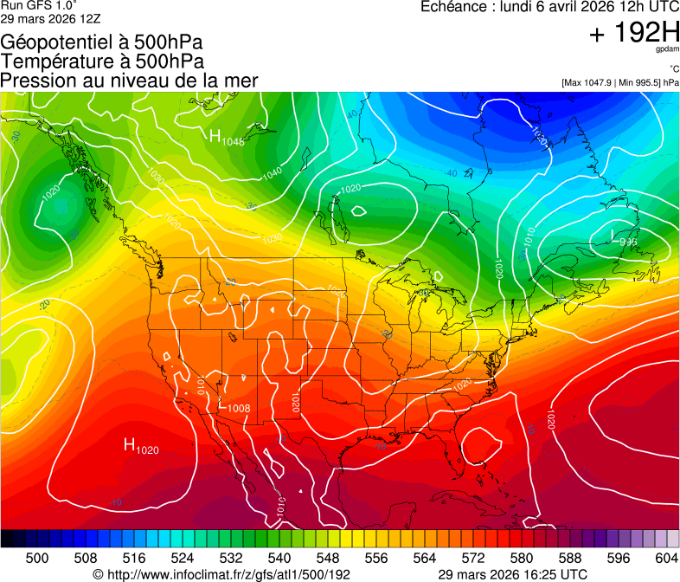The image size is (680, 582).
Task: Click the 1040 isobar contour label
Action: (x=271, y=172)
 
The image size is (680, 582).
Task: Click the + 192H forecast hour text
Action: (x=633, y=34)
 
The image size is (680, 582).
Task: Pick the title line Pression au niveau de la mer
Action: (x=129, y=81)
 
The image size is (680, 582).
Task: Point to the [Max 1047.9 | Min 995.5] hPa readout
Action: (x=620, y=83)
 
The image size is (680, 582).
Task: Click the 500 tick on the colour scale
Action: (x=37, y=558)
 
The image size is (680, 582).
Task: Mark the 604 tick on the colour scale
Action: (x=666, y=558)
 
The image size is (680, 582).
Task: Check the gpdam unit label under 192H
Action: (x=666, y=50)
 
